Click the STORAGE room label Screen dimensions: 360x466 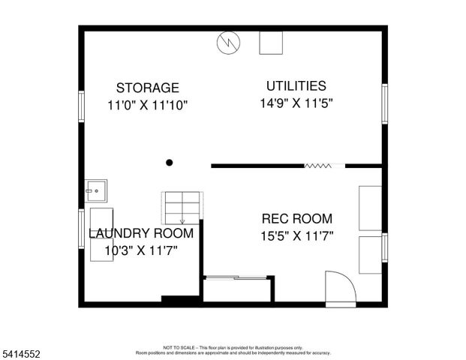coord(147,88)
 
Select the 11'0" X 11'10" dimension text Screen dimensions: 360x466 coord(147,106)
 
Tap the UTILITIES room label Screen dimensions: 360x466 coord(296,85)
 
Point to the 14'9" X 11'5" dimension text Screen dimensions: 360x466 coord(296,103)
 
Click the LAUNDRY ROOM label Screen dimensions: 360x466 coord(141,233)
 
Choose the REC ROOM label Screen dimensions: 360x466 coord(296,219)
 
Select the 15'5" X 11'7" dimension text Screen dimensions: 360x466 coord(296,236)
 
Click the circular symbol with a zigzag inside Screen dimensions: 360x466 coord(227,43)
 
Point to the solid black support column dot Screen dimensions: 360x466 coord(170,162)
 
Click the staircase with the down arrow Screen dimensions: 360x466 coord(182,208)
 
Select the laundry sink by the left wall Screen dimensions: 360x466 coord(95,190)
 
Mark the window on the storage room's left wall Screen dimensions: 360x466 coord(80,106)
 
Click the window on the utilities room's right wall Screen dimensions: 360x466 coord(385,103)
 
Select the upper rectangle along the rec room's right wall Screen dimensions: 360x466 coord(371,208)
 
